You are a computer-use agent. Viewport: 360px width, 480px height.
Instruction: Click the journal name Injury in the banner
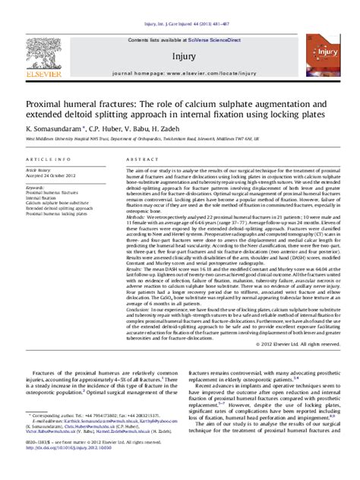point(180,57)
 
